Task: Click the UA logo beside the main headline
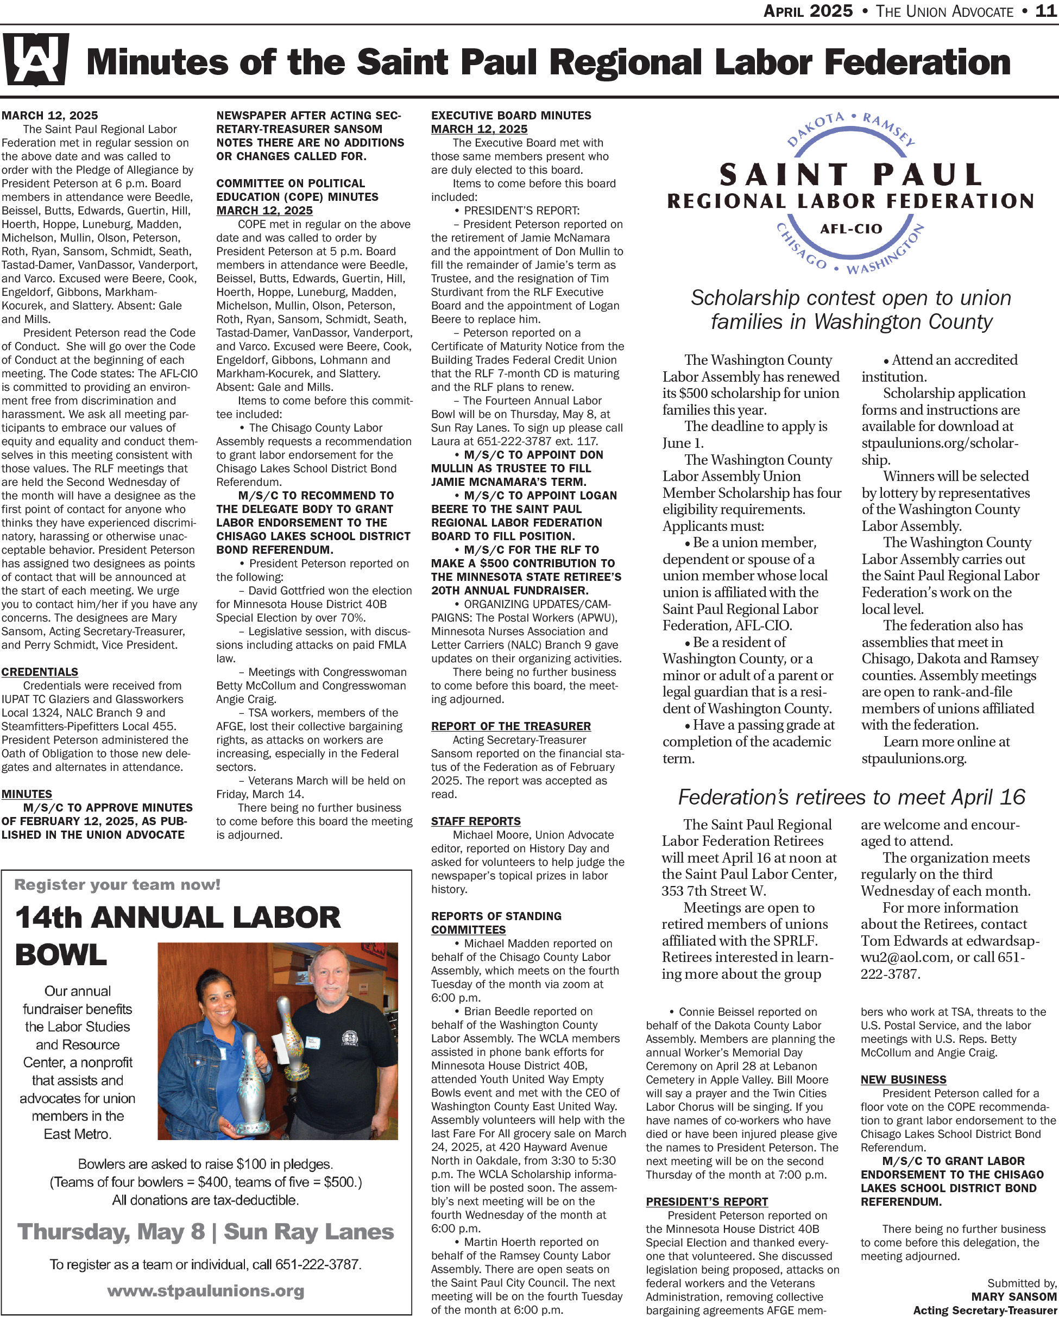click(35, 59)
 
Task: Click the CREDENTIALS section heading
click(40, 672)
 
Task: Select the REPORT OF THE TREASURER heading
click(511, 726)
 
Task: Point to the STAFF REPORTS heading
click(476, 821)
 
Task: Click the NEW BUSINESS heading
click(903, 1079)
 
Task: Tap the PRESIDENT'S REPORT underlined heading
click(707, 1201)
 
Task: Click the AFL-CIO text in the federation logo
click(850, 229)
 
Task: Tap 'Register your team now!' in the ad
click(117, 884)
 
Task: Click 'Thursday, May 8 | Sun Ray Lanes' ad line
click(205, 1231)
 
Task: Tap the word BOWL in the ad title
click(61, 955)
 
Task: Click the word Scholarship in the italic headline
click(745, 298)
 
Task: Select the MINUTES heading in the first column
click(27, 794)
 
